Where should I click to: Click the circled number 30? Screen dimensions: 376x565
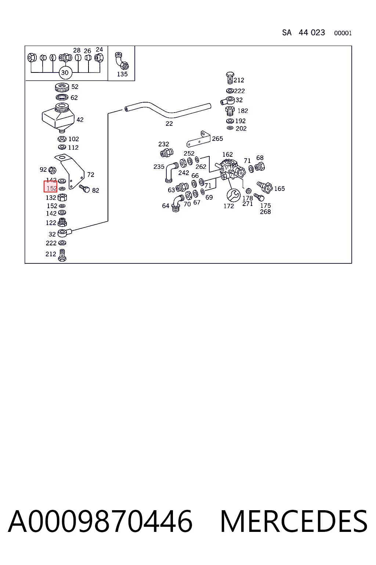click(65, 72)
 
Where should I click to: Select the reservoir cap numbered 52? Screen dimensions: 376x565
click(62, 87)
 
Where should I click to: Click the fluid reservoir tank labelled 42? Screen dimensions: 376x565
click(58, 118)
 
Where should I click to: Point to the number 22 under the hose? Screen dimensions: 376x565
click(169, 124)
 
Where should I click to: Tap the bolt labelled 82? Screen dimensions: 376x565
click(84, 188)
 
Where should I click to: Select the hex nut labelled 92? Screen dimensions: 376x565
click(52, 170)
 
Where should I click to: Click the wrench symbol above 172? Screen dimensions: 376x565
click(234, 195)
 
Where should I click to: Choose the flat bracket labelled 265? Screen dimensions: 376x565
click(198, 139)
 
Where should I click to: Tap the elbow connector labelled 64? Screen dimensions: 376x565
click(178, 203)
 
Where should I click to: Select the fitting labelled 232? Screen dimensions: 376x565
click(167, 152)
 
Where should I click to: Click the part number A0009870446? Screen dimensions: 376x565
click(100, 522)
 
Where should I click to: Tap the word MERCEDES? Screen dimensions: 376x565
click(294, 522)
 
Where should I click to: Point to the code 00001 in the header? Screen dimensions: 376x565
click(343, 33)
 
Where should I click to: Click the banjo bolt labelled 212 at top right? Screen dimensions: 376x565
click(230, 78)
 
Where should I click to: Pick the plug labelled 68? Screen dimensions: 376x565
click(259, 167)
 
